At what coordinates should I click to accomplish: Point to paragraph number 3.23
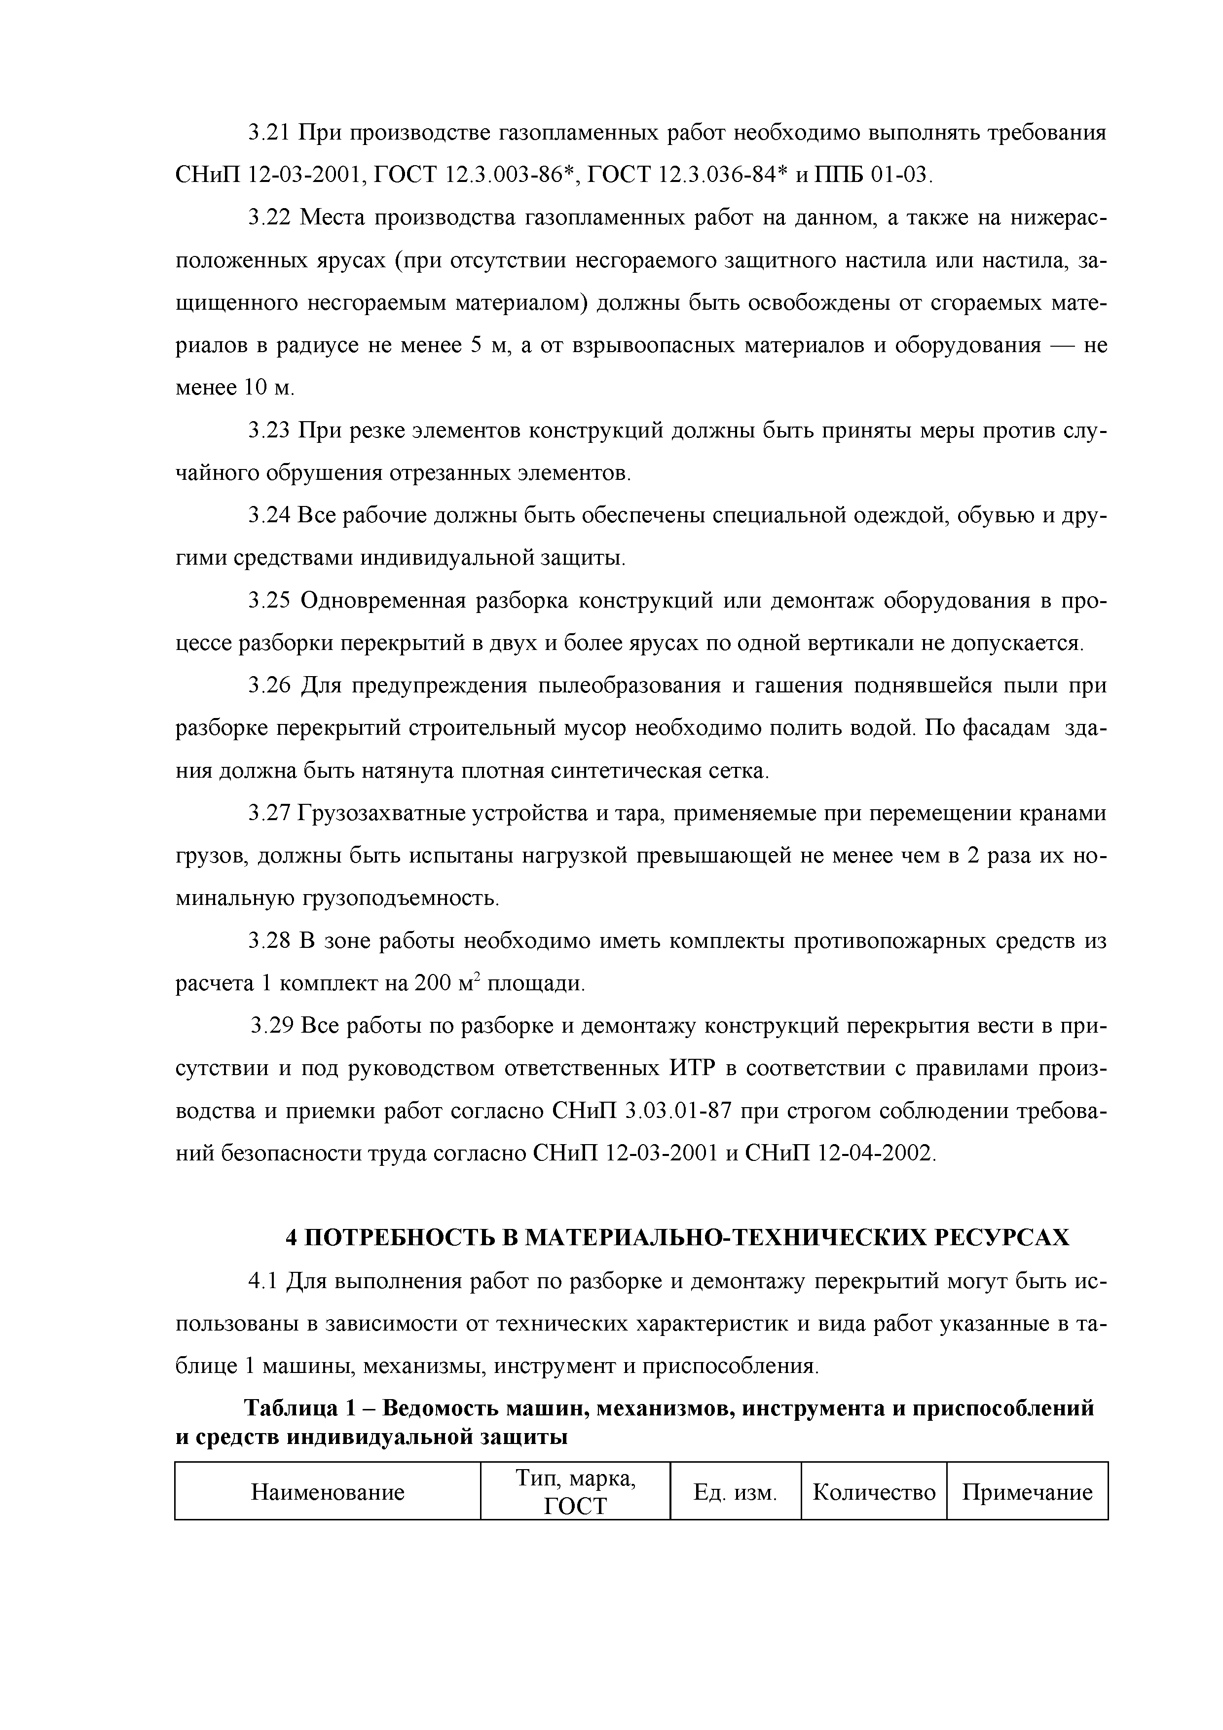269,431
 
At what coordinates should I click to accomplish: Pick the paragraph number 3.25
269,601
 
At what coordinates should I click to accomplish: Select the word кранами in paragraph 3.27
1063,814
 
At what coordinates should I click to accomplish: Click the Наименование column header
328,1492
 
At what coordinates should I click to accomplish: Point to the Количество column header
874,1492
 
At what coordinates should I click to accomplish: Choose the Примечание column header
1027,1492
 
